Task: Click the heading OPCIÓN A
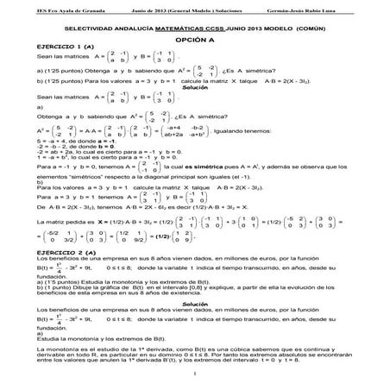tap(194, 41)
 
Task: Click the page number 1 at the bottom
tap(196, 373)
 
